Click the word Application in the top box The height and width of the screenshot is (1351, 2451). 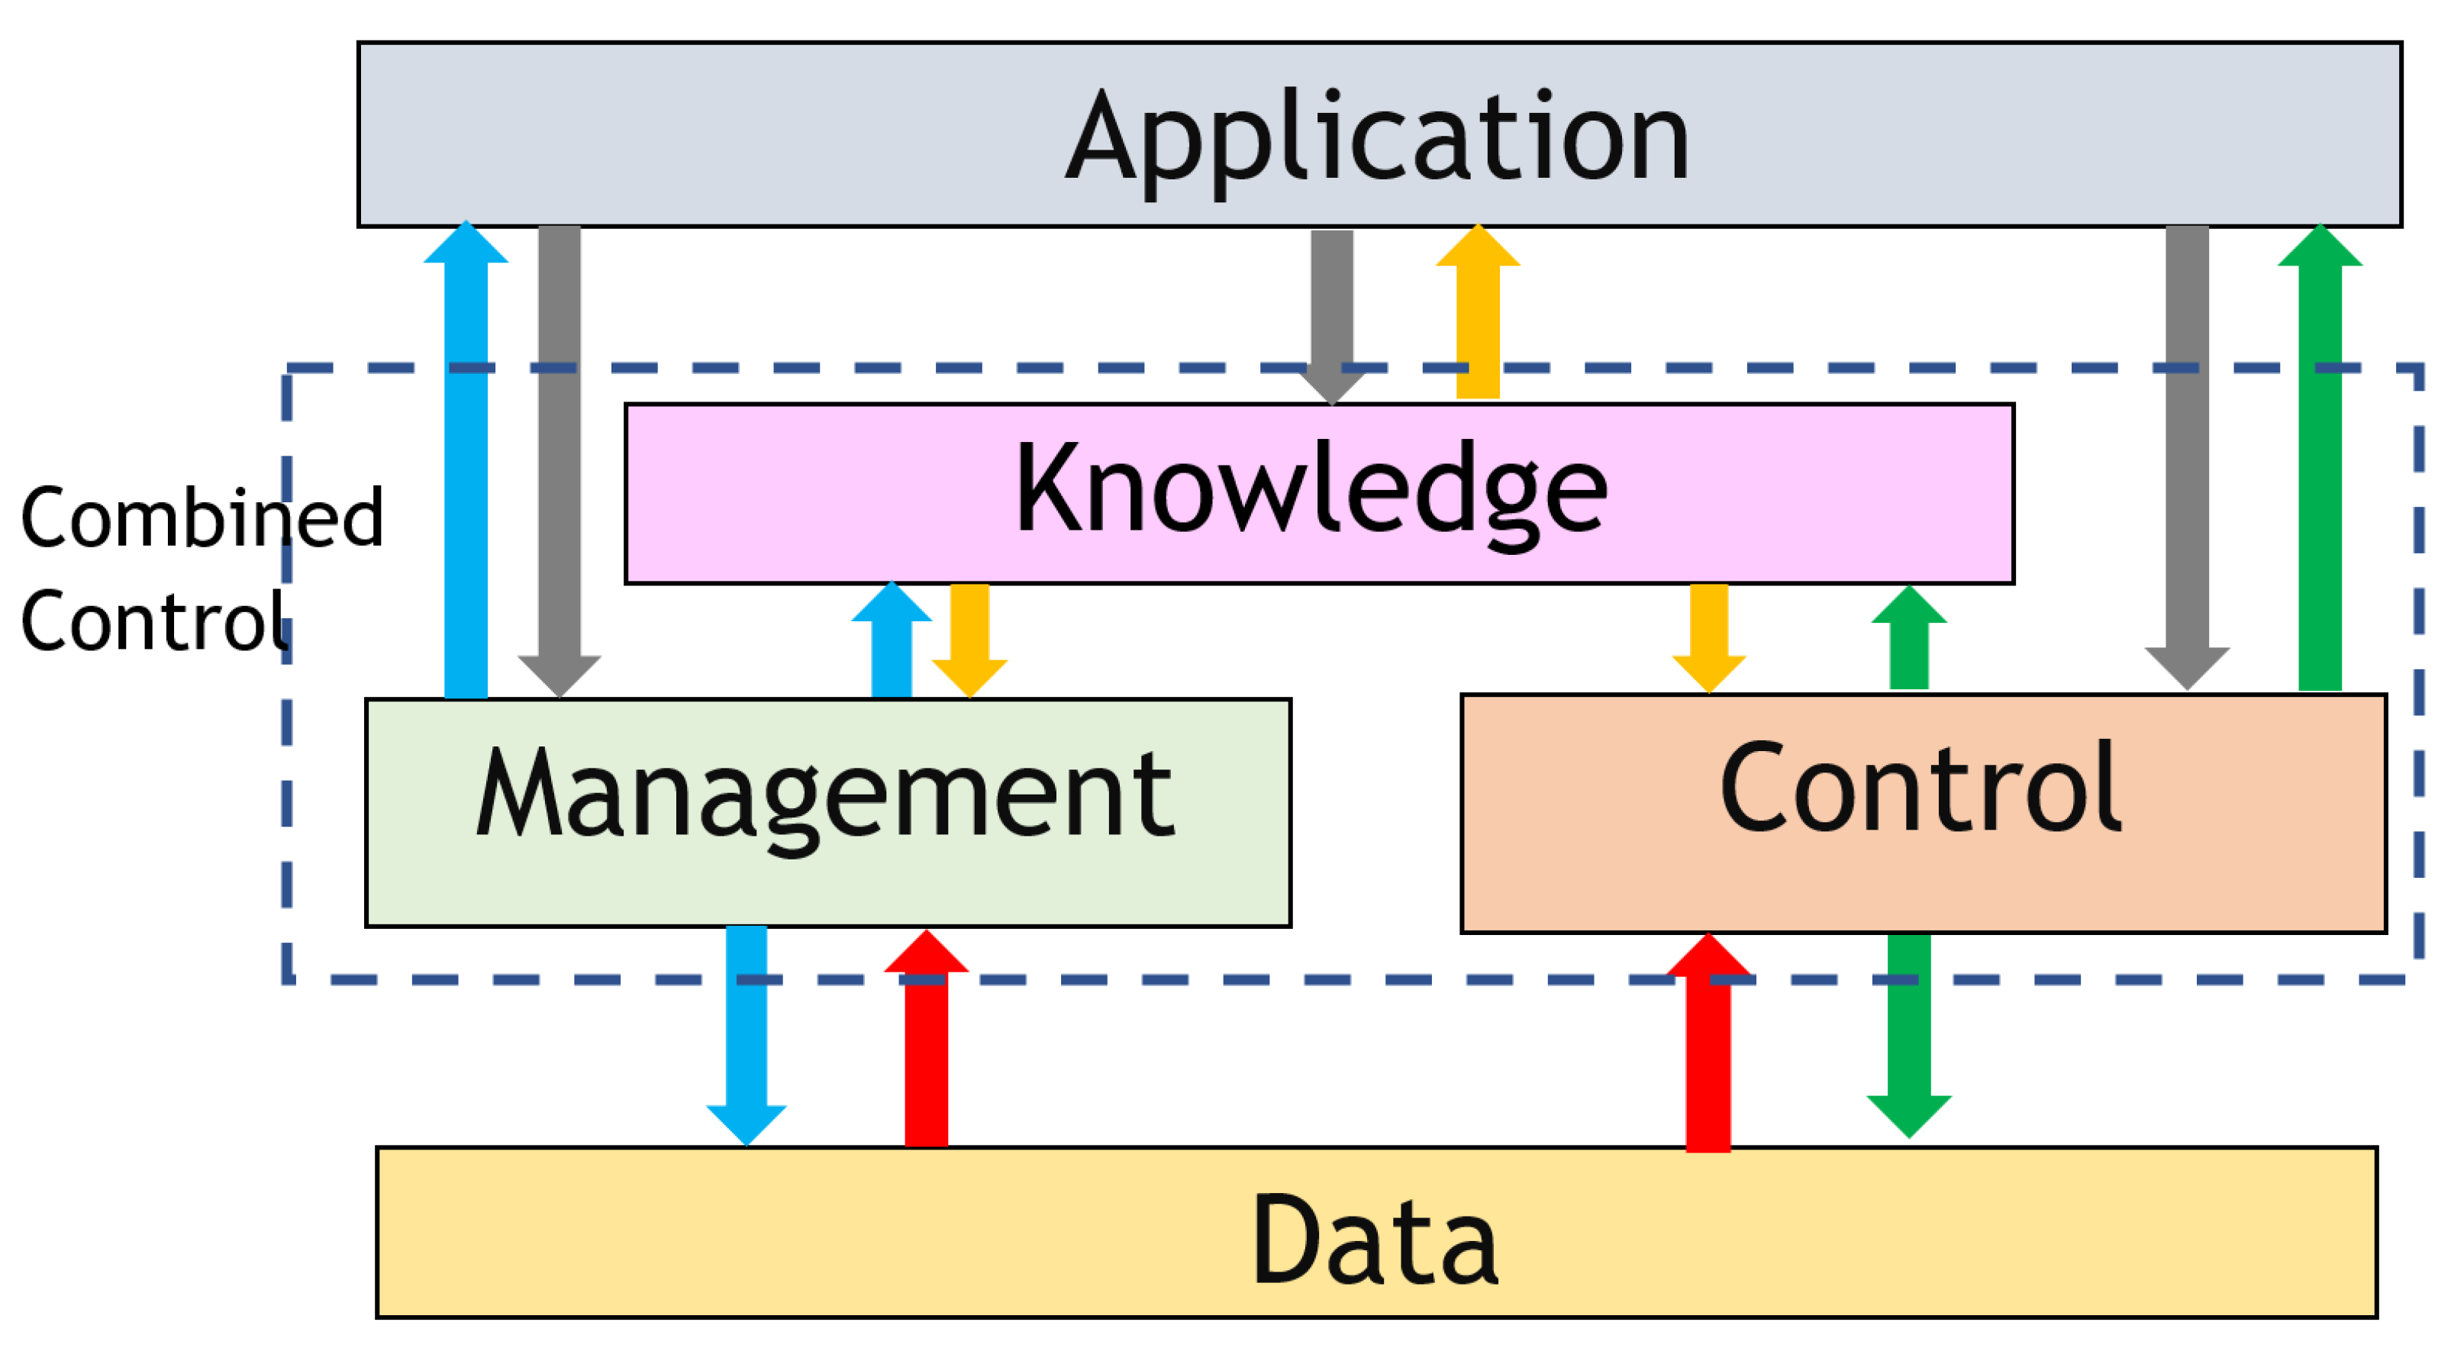(1377, 138)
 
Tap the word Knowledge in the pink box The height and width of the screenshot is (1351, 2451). (1311, 490)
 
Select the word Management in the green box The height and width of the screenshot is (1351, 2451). (825, 795)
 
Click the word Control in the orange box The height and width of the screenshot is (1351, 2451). (1919, 790)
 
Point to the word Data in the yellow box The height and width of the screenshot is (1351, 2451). (1375, 1240)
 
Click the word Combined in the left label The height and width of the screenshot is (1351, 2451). (202, 518)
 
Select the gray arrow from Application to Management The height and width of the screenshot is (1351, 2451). (560, 456)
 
